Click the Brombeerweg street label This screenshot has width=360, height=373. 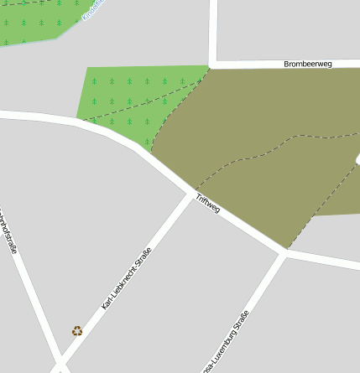tap(309, 64)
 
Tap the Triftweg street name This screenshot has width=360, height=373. tap(207, 203)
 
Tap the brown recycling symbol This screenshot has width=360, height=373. tap(77, 331)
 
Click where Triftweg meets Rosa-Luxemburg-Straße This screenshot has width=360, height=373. tap(284, 252)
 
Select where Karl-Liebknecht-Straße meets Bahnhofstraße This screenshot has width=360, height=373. tap(58, 367)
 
